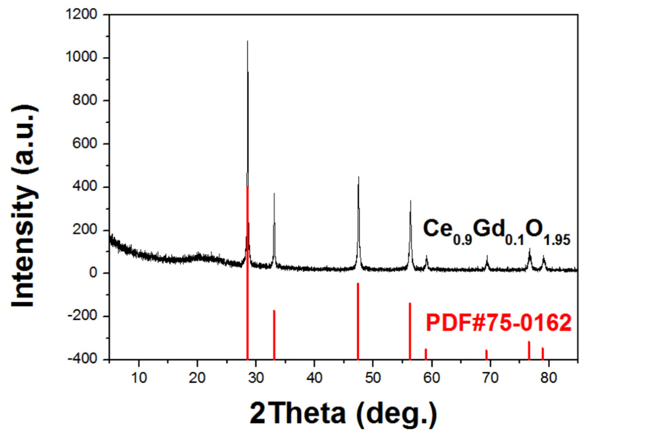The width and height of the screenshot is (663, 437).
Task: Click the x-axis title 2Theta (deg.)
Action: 343,413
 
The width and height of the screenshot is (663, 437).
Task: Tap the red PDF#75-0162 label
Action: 498,323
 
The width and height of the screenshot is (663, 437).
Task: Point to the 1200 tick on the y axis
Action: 88,15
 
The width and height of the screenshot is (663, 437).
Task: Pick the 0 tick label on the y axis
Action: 99,273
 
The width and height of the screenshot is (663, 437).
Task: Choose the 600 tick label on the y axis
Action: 90,144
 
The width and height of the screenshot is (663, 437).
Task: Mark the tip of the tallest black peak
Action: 247,41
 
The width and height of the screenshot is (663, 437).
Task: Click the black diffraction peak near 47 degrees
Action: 358,177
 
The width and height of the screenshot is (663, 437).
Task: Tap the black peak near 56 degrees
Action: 411,201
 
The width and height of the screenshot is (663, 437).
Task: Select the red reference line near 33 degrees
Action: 274,334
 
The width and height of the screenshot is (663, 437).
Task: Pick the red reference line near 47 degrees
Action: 358,321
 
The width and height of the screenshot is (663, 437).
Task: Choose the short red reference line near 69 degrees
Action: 486,354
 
